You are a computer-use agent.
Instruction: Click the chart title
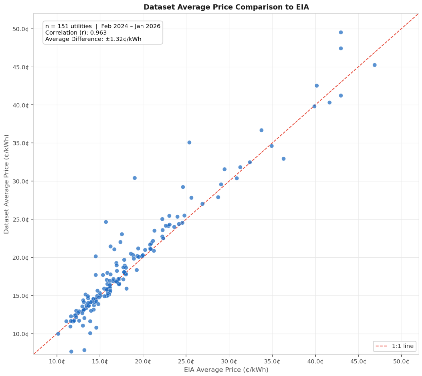(226, 7)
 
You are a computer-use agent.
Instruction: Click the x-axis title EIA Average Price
(226, 370)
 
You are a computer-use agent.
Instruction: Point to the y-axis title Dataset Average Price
(6, 184)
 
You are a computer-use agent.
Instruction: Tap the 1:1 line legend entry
(394, 346)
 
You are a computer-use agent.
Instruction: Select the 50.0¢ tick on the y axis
(20, 29)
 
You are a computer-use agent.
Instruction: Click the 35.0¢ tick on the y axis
(20, 143)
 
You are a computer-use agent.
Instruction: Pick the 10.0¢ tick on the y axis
(20, 334)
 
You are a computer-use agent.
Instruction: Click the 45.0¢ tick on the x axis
(358, 361)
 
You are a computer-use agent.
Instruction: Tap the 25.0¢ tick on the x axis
(186, 361)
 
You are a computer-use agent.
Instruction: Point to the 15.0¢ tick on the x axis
(100, 361)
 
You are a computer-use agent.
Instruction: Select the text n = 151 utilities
(68, 26)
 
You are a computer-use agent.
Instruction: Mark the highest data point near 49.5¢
(341, 32)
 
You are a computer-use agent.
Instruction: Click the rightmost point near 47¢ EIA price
(374, 65)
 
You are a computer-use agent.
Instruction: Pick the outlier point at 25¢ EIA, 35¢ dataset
(189, 142)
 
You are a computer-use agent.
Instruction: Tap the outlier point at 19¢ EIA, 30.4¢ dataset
(135, 178)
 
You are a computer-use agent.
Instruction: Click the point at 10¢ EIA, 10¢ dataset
(58, 334)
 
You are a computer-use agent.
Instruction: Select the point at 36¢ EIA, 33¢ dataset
(283, 159)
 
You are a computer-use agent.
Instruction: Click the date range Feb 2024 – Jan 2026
(131, 26)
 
